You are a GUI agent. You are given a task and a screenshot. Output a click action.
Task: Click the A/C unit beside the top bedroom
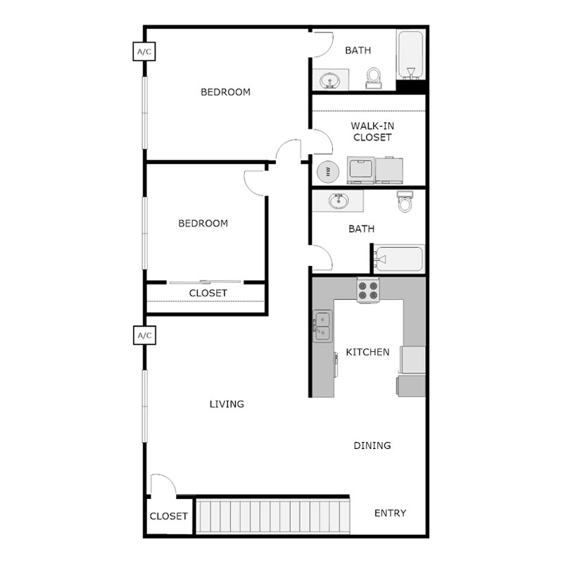point(144,51)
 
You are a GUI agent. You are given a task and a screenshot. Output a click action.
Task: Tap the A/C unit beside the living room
point(144,336)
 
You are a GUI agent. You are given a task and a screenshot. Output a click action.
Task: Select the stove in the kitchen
point(368,290)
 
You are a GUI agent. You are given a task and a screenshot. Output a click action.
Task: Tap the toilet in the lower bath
point(405,202)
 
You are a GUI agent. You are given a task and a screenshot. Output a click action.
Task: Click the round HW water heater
point(327,171)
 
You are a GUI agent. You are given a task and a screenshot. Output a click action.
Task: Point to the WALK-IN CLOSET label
point(372,132)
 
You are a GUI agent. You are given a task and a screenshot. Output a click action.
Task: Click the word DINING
point(372,445)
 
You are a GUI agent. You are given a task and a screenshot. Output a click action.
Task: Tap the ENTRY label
point(390,513)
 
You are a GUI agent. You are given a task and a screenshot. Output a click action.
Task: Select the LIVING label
point(227,405)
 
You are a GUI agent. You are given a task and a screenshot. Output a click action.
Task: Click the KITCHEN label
point(367,352)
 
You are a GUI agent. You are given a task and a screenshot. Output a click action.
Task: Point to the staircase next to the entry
point(272,517)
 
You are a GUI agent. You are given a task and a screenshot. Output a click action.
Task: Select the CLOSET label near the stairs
point(169,516)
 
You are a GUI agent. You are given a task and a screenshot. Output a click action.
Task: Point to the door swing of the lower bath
point(322,256)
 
